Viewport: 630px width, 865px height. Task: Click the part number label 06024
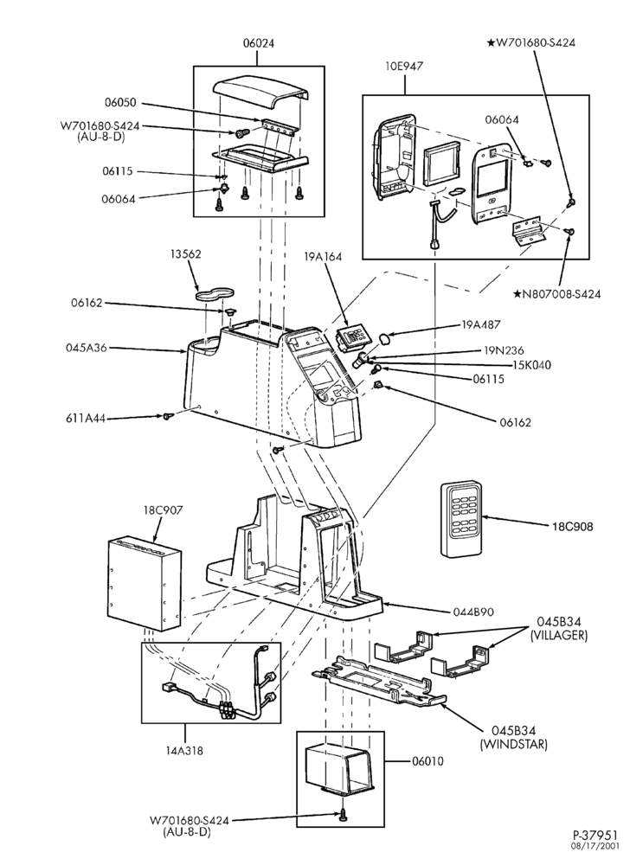point(258,43)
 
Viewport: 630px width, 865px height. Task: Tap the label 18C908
point(573,527)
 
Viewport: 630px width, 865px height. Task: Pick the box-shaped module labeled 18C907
point(145,583)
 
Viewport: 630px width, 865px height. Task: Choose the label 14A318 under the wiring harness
point(183,750)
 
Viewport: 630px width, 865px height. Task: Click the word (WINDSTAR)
point(513,744)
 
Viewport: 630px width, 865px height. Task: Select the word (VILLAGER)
point(558,636)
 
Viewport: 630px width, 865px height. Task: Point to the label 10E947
point(404,67)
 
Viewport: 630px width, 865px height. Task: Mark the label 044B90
point(474,612)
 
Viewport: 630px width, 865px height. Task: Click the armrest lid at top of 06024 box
point(260,89)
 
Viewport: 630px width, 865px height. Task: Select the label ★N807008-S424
point(556,293)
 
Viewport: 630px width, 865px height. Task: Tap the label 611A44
point(85,419)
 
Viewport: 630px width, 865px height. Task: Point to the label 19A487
point(482,324)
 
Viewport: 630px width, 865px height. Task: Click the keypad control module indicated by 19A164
point(350,336)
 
